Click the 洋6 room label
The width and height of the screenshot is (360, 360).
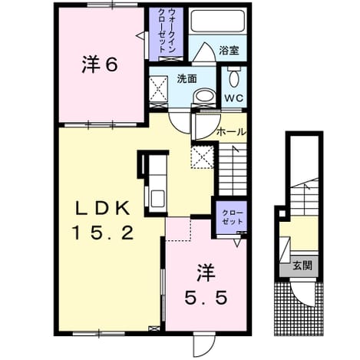[x=100, y=64]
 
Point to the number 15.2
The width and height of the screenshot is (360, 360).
[x=104, y=233]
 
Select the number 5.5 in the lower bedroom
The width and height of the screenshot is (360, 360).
[x=206, y=298]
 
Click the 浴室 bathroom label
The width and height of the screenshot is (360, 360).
[x=229, y=51]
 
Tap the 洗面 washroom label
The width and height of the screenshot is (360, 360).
[x=187, y=79]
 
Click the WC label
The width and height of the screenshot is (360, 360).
[x=234, y=97]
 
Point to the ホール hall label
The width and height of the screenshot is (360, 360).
[x=231, y=132]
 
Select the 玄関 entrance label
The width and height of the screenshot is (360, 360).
[x=302, y=266]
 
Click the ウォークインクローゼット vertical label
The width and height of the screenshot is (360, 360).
[x=167, y=31]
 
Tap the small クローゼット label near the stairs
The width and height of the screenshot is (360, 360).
[x=232, y=217]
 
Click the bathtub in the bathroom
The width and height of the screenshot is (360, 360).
[x=218, y=21]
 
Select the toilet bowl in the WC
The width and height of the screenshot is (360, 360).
[x=234, y=78]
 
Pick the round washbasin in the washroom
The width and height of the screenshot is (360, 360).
[x=203, y=96]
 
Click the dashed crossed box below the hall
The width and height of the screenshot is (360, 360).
[x=202, y=157]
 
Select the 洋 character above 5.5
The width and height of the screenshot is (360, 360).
[x=206, y=273]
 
